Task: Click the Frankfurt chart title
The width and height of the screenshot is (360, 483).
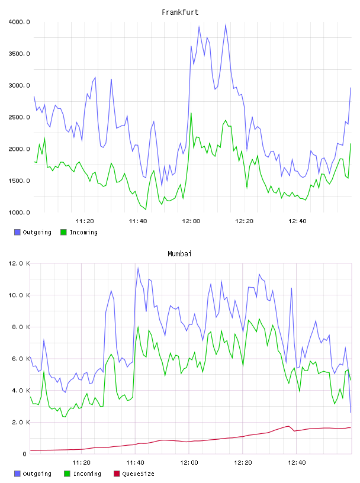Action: [x=180, y=12]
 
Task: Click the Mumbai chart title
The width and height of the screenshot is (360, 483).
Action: [x=179, y=253]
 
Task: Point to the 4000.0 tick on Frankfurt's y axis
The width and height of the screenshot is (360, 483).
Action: [x=19, y=22]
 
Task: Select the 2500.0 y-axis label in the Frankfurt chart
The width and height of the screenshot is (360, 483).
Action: [x=19, y=117]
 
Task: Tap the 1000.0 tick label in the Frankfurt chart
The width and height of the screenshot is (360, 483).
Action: [x=19, y=212]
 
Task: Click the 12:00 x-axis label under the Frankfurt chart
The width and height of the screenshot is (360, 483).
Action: [x=191, y=221]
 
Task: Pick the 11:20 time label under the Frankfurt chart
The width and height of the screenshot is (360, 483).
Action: [x=85, y=221]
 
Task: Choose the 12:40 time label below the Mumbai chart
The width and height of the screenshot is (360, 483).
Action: [x=297, y=462]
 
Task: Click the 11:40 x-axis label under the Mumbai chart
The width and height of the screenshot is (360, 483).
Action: [x=136, y=462]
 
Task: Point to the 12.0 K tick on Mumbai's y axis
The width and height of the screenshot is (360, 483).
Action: [x=19, y=263]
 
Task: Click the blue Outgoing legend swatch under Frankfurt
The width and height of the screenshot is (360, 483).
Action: [x=17, y=232]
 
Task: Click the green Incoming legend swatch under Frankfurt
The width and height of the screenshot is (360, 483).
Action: [x=63, y=232]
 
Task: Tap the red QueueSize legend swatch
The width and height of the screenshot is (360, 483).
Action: [x=117, y=474]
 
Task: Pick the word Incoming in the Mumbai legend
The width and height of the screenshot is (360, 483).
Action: [x=87, y=474]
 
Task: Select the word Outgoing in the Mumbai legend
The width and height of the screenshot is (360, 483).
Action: [x=37, y=474]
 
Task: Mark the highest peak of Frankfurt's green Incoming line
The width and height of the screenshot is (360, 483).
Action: [x=191, y=113]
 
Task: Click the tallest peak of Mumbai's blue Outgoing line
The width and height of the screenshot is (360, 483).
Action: [x=138, y=268]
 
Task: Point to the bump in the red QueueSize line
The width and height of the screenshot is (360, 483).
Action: [x=288, y=426]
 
